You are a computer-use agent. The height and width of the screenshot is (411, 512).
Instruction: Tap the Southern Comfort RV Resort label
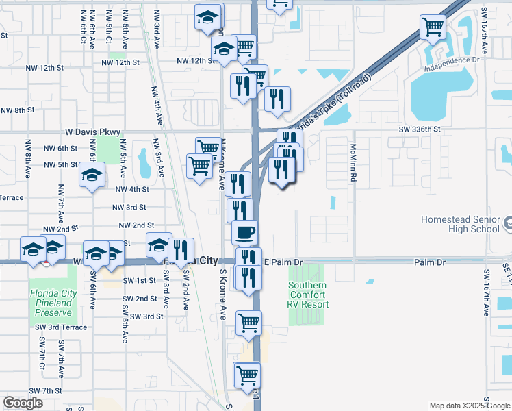tap(307, 295)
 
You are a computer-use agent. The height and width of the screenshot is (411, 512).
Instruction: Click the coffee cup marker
tap(245, 232)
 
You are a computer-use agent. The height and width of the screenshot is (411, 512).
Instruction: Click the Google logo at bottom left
tap(23, 403)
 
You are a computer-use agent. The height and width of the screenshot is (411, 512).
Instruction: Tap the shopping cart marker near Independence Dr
tap(433, 27)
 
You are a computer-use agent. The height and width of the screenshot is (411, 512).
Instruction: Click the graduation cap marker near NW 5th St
tap(92, 175)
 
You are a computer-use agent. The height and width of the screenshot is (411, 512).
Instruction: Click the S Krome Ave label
tap(222, 294)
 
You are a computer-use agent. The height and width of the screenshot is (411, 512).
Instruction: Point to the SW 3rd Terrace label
tap(62, 327)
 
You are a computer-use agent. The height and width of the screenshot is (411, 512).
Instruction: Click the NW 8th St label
tap(17, 110)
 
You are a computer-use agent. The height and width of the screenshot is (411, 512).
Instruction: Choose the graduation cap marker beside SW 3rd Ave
tap(159, 245)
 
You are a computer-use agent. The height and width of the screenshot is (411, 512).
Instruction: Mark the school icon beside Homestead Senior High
tap(508, 223)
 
